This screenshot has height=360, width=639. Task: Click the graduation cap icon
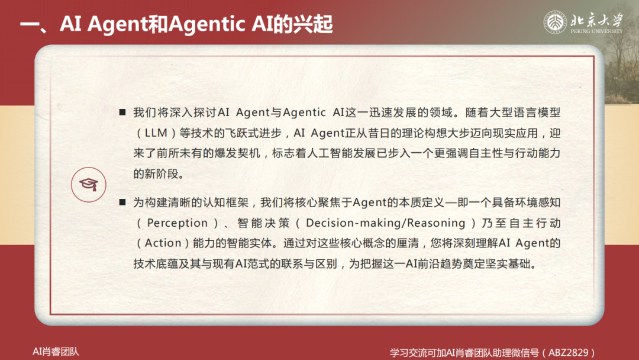tap(88, 185)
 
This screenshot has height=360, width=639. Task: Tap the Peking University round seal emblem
tap(555, 22)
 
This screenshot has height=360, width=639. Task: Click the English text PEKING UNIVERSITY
tap(596, 31)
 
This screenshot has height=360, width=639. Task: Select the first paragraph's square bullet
tap(122, 112)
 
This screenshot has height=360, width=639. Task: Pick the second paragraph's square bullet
tap(122, 202)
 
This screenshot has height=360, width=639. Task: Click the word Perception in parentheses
tap(177, 223)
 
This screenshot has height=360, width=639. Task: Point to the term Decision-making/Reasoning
tap(386, 223)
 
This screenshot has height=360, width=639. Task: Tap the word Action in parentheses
tap(163, 243)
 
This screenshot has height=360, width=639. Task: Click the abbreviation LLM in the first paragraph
tap(156, 133)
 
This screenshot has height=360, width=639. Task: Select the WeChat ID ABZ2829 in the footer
tap(568, 352)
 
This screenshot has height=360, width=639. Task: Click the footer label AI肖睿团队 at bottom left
tap(56, 352)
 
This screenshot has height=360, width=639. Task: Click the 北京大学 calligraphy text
tap(596, 20)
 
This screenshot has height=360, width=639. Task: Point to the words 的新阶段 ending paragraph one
tap(156, 174)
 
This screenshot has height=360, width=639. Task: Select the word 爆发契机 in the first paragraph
tap(237, 153)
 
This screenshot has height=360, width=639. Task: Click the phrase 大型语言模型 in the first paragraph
tap(525, 112)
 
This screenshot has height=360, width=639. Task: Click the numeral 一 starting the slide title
tap(30, 24)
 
